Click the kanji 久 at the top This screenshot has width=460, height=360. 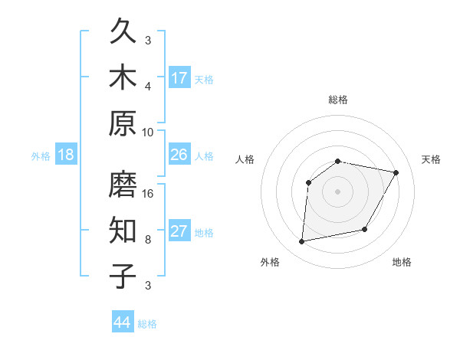[x=123, y=32]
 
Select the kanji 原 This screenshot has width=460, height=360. [x=123, y=123]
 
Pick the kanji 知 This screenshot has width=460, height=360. [x=123, y=230]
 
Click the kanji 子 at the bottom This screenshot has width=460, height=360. [x=123, y=275]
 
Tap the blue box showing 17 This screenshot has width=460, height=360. [x=179, y=77]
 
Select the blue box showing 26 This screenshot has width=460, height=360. [x=179, y=155]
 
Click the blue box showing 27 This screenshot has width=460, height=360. [x=179, y=231]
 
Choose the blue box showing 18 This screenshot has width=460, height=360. [x=66, y=155]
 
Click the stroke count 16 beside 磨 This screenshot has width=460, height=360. [x=149, y=193]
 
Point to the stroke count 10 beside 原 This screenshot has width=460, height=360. [x=149, y=131]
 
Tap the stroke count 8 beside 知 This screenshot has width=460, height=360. [x=149, y=239]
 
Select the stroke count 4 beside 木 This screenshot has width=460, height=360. [x=149, y=86]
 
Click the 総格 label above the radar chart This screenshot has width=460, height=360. [x=337, y=100]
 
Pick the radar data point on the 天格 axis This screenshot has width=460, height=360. [x=396, y=173]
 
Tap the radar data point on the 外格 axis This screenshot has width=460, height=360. [x=302, y=242]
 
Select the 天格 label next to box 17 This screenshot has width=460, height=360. [x=204, y=79]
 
